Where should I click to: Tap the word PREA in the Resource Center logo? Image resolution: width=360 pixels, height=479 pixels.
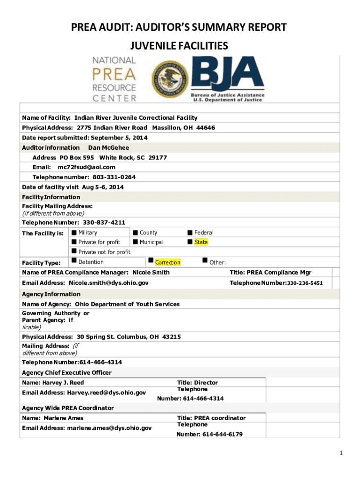tap(115, 73)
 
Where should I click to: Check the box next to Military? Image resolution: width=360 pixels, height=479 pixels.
tap(73, 232)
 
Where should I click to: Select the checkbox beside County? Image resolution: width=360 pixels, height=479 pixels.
tap(135, 232)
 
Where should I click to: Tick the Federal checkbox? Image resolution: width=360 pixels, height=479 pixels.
tap(190, 232)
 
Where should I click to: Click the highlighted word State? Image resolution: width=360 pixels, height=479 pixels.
tap(201, 242)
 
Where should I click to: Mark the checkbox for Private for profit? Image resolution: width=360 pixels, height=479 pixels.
tap(73, 242)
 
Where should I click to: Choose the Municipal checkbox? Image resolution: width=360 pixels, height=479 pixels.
tap(135, 242)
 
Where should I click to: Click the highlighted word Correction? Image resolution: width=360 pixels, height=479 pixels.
tap(167, 263)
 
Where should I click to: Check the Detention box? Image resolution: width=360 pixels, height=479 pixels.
tap(73, 261)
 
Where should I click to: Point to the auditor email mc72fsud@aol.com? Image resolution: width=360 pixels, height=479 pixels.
tap(86, 167)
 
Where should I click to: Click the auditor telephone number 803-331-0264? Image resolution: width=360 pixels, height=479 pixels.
tap(114, 177)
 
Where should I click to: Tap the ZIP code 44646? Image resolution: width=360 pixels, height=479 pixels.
tap(206, 128)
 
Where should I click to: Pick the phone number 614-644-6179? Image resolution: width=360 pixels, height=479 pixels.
tap(222, 435)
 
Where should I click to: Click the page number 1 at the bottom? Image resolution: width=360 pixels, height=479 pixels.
tap(342, 453)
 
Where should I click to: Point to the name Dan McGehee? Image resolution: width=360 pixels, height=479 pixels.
tap(108, 147)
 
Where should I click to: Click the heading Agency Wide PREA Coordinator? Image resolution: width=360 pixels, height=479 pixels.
tap(68, 408)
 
